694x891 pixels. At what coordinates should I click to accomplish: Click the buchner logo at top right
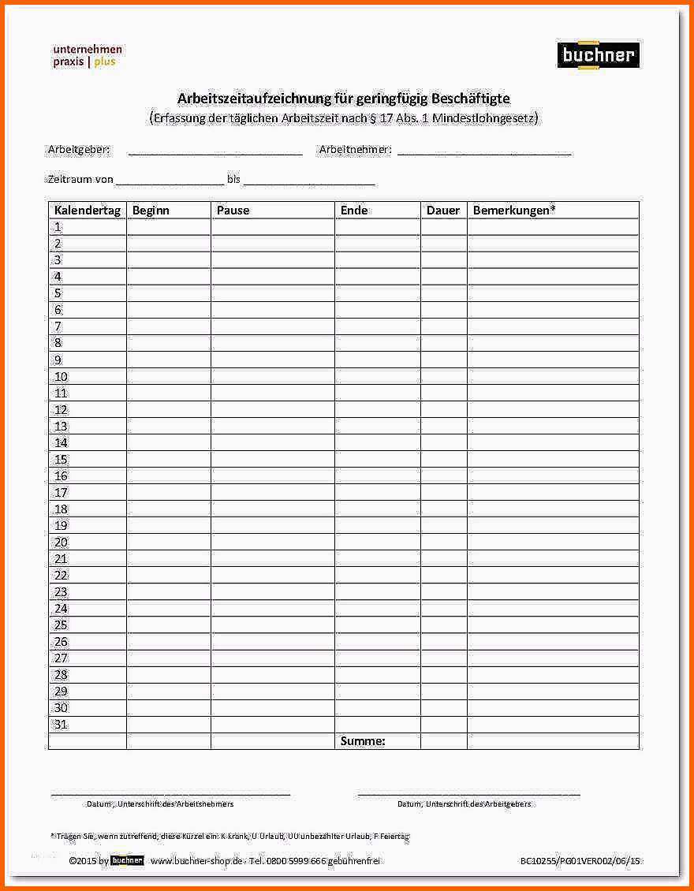[x=597, y=55]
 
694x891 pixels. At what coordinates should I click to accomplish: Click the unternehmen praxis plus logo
[x=88, y=55]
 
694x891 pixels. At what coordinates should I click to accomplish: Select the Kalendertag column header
[x=87, y=211]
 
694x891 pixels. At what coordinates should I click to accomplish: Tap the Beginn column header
[x=151, y=211]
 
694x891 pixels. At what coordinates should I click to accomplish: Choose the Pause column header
[x=233, y=211]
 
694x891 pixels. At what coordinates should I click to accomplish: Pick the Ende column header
[x=354, y=211]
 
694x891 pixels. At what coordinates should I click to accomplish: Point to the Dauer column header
[x=443, y=211]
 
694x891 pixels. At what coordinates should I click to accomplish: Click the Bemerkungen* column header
[x=513, y=211]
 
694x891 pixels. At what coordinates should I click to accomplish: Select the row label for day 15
[x=61, y=459]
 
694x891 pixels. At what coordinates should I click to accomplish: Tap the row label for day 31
[x=61, y=725]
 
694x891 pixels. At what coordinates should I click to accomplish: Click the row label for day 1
[x=58, y=227]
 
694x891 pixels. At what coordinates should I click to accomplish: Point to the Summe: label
[x=363, y=741]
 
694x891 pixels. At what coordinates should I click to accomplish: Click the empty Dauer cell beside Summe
[x=444, y=741]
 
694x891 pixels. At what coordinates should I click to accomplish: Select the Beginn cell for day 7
[x=169, y=326]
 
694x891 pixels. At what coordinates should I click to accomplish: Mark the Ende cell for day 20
[x=378, y=542]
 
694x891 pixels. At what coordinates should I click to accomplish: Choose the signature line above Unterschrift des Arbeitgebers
[x=468, y=793]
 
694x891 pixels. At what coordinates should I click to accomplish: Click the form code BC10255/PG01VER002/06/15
[x=580, y=861]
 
